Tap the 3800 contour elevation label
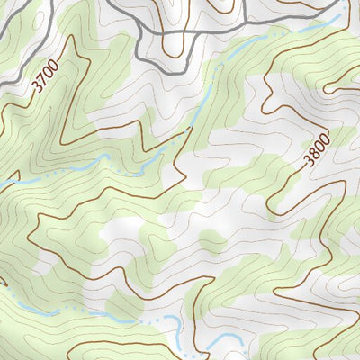(316, 148)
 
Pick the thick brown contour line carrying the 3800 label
(288, 180)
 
